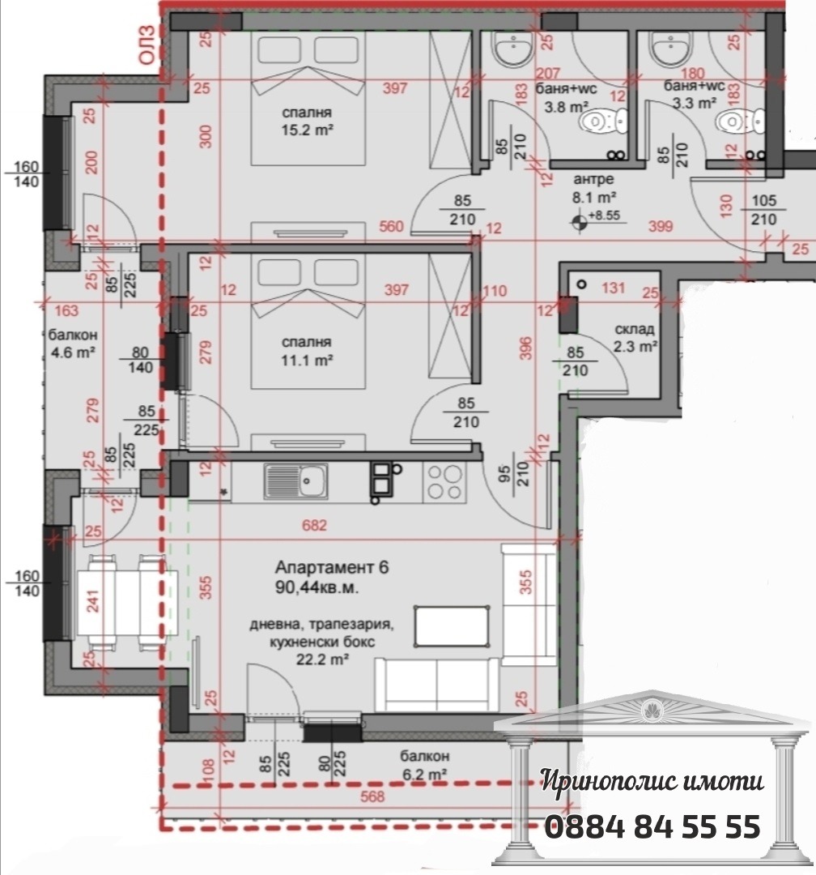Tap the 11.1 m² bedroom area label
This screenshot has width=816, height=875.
308,350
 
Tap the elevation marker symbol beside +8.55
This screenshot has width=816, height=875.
580,218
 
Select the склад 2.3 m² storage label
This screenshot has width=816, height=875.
634,338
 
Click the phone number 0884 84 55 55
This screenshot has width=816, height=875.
652,827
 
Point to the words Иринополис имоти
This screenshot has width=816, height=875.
652,782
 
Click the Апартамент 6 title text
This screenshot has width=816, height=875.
332,567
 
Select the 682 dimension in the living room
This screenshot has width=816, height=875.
315,525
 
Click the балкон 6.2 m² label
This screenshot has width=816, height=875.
424,764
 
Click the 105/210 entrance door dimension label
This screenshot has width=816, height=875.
763,211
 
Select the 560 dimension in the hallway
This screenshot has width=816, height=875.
391,227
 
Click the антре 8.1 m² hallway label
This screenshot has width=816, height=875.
595,188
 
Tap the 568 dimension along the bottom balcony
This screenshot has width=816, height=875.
372,796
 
